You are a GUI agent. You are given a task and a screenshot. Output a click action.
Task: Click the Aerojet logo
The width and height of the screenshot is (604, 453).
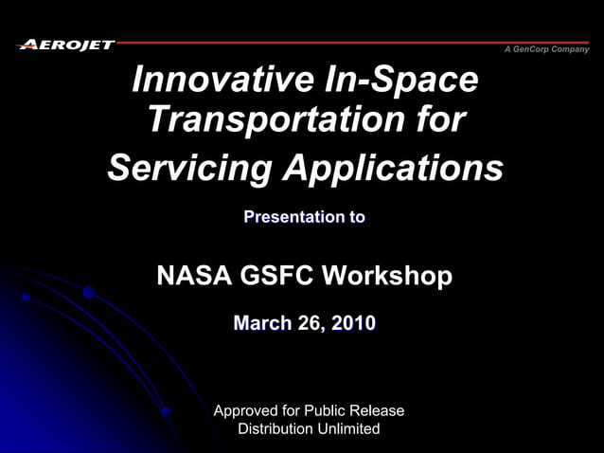(66, 45)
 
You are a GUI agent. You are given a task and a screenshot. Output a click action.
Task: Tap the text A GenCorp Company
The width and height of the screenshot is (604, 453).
(546, 49)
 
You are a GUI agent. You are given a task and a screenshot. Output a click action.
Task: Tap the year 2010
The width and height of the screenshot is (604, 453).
(353, 324)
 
